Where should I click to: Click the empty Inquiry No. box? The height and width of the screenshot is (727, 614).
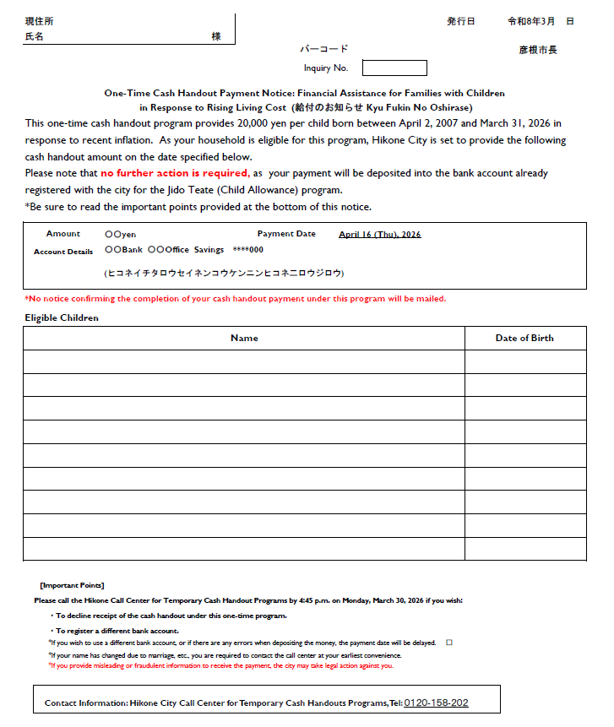click(394, 68)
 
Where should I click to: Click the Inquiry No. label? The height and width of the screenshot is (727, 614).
click(325, 68)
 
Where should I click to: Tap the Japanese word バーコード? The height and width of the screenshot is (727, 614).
click(323, 49)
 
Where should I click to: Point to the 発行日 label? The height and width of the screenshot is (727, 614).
click(460, 21)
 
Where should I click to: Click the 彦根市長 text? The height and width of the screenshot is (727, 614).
click(538, 50)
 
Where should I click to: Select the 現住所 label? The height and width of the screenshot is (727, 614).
click(39, 21)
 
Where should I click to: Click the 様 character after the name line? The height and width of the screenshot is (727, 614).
click(216, 37)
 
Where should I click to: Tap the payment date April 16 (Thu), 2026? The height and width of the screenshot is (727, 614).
click(379, 234)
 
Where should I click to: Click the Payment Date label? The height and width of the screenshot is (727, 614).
click(286, 234)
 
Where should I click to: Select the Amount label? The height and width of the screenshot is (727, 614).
click(63, 234)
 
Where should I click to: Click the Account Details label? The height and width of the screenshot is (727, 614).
click(63, 252)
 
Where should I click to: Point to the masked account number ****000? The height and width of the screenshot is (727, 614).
click(248, 250)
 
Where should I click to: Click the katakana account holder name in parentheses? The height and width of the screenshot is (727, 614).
click(224, 274)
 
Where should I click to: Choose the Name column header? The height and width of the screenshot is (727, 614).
click(244, 338)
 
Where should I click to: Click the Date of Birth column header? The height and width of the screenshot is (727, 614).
click(524, 338)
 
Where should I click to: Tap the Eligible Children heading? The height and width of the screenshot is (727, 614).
click(62, 317)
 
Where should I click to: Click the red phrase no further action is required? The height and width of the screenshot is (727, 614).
click(175, 173)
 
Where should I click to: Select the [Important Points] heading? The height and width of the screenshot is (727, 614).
click(72, 585)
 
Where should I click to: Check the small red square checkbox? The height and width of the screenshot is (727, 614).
click(449, 643)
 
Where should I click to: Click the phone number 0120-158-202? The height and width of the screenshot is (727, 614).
click(436, 703)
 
